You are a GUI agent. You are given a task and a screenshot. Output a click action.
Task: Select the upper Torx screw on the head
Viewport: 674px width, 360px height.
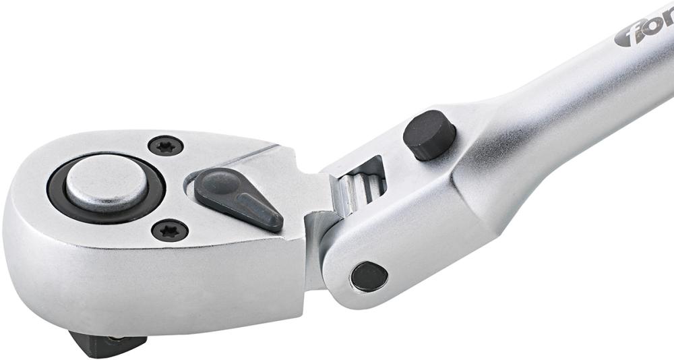165,145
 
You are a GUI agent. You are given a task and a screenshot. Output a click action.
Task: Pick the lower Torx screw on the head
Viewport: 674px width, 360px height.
169,231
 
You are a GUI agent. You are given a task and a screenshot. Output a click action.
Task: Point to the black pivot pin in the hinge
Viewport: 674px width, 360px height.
369,276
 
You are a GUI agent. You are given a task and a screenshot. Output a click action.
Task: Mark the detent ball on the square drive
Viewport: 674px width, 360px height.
118,339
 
